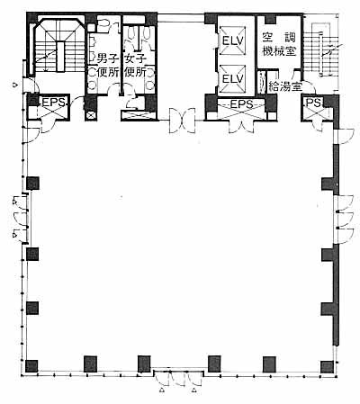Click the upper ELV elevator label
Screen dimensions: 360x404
pos(232,40)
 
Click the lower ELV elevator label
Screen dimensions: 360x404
pos(232,79)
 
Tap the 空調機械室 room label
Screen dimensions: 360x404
pos(279,44)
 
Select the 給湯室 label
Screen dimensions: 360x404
pos(284,86)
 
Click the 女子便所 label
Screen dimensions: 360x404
pos(135,66)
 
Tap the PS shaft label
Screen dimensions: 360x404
pos(313,103)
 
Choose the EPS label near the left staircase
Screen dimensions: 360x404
pos(54,103)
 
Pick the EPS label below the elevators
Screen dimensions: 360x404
pos(241,104)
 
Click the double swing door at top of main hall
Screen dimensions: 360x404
pos(182,121)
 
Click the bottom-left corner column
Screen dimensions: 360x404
pos(31,366)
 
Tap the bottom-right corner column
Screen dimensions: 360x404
pos(327,367)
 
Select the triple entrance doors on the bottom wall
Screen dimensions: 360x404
pos(179,378)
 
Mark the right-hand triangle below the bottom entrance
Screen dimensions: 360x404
pos(194,391)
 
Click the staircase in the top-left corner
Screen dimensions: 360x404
pos(55,47)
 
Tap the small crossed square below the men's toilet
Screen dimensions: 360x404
pos(91,114)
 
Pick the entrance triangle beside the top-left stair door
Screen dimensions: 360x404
pos(14,85)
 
